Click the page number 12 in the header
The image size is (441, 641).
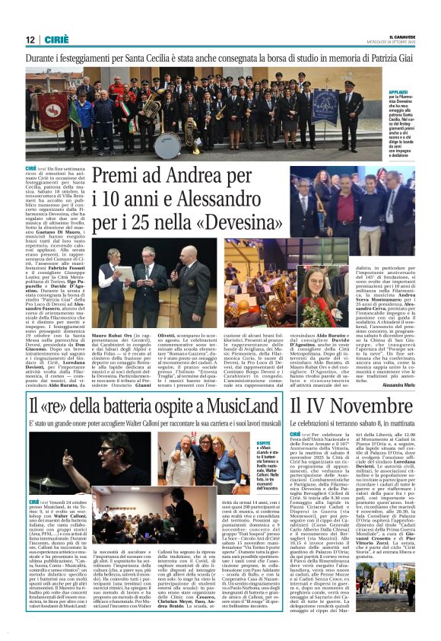point(30,40)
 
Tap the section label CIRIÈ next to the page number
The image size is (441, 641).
point(56,40)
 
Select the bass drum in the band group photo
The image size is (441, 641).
point(167,144)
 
